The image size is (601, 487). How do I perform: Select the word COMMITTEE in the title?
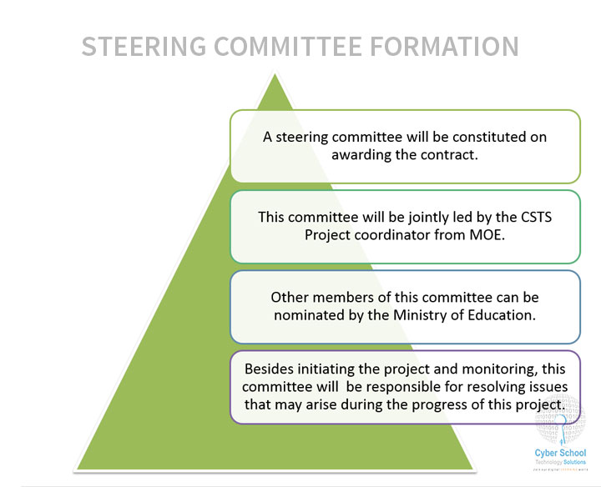click(x=288, y=47)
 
